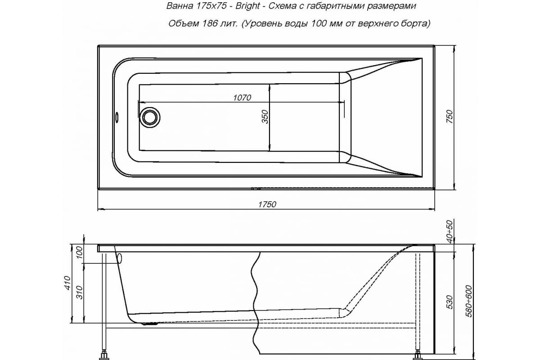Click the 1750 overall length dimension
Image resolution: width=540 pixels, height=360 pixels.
point(267,204)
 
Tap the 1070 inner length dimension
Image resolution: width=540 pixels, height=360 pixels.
point(242,98)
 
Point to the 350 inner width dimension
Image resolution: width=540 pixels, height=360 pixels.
point(265,117)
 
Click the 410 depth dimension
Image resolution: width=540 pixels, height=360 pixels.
point(67,282)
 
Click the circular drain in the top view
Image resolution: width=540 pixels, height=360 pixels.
point(149,117)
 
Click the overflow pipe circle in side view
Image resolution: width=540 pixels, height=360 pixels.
point(120,258)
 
